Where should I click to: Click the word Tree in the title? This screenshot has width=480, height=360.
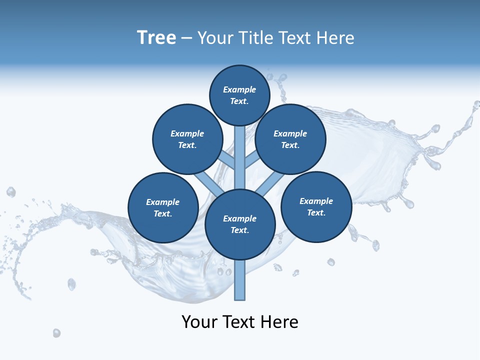tap(156, 38)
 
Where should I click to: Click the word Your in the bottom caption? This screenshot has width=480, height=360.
tap(199, 322)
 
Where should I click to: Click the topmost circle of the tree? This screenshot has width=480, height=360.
tap(239, 95)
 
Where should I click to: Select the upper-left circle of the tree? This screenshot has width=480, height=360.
tap(187, 139)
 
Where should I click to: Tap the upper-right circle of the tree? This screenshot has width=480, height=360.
tap(290, 139)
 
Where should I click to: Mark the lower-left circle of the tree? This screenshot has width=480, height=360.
tap(163, 208)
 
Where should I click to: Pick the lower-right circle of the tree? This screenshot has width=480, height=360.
tap(316, 206)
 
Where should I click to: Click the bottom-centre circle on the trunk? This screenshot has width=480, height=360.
tap(240, 224)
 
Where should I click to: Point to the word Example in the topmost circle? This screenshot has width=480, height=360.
tap(239, 90)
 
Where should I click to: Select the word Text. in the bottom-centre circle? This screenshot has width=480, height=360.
tap(240, 230)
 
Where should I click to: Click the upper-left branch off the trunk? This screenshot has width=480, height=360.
tap(227, 160)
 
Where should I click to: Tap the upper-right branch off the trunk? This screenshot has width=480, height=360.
tap(252, 160)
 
